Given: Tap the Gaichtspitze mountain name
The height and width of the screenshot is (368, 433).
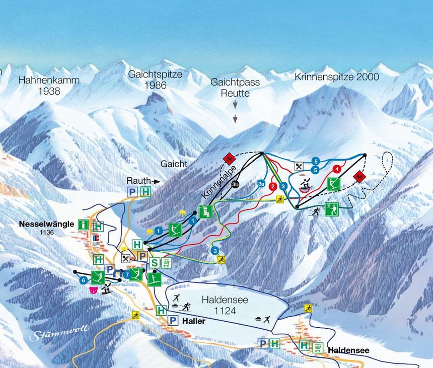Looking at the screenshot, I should [x=155, y=74].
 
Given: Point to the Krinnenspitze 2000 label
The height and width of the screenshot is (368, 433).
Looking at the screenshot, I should [x=336, y=77].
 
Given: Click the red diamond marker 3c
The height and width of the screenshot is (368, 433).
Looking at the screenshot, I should [x=229, y=159].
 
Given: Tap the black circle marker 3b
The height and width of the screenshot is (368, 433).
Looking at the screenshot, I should [x=236, y=184].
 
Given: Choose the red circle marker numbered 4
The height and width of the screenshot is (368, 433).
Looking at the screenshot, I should [x=337, y=169].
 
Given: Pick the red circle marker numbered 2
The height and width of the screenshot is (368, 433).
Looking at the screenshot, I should [x=273, y=186].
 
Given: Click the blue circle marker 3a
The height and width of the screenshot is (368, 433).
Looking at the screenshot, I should [x=261, y=184].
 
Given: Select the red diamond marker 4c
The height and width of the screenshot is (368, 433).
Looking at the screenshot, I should [x=358, y=176].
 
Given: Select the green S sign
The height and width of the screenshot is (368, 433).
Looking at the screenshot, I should [x=155, y=262].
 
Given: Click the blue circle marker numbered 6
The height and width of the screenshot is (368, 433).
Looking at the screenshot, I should [x=83, y=280].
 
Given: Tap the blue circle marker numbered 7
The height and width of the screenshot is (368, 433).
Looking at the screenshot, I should [x=125, y=276].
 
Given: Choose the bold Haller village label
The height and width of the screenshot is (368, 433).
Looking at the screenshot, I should [x=194, y=321].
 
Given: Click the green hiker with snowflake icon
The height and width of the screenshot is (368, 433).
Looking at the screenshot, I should [x=332, y=209].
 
